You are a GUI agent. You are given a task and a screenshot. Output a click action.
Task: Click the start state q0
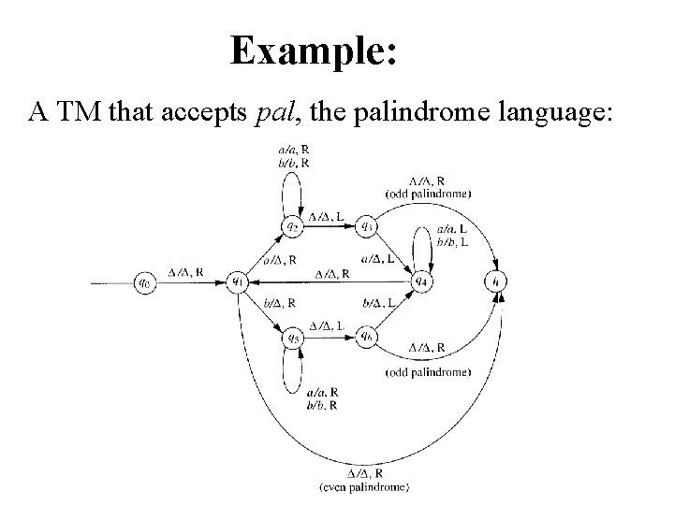click(144, 281)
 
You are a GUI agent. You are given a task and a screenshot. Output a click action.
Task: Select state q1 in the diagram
click(238, 281)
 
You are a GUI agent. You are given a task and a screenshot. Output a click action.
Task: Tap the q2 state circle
click(293, 225)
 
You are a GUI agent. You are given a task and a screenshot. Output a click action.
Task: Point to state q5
click(293, 337)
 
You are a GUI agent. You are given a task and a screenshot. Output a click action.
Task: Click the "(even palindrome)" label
click(363, 487)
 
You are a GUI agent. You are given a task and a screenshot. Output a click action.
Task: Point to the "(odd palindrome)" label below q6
click(427, 372)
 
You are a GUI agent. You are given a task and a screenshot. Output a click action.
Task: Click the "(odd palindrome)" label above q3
click(427, 193)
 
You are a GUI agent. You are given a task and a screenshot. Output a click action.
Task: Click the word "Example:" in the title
click(315, 50)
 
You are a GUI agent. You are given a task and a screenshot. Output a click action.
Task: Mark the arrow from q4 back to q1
click(328, 281)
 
